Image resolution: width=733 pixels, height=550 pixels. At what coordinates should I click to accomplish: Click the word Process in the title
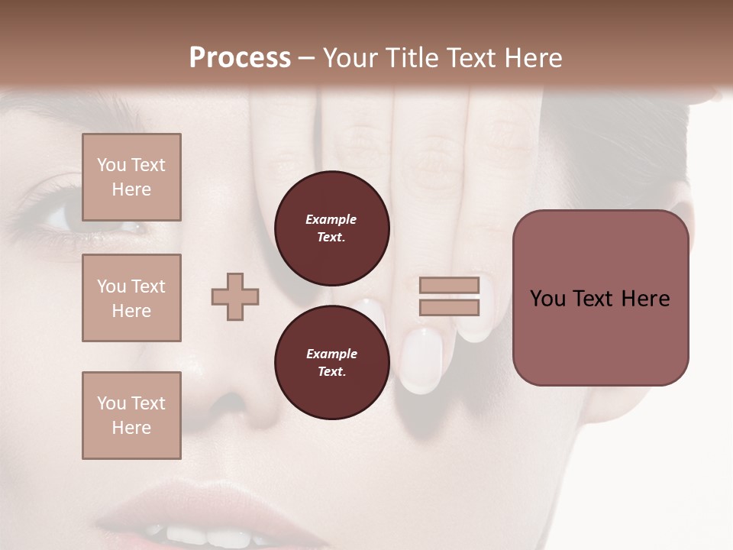[x=240, y=58]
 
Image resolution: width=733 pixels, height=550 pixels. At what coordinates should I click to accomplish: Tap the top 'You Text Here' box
[x=131, y=177]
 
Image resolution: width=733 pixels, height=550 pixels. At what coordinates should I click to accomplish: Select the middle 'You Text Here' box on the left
[x=131, y=298]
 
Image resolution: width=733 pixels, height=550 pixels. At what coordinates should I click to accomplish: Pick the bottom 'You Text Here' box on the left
[x=131, y=416]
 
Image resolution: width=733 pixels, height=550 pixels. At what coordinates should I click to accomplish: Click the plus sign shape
[x=235, y=296]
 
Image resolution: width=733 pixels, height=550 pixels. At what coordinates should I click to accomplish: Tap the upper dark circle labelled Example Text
[x=331, y=228]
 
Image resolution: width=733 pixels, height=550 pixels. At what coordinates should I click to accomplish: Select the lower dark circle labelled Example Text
[x=331, y=363]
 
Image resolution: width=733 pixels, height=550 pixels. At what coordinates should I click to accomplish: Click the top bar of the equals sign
[x=449, y=286]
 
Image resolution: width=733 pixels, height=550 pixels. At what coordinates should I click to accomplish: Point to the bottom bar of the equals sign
[x=449, y=308]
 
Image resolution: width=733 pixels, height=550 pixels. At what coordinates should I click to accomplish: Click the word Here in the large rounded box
[x=645, y=299]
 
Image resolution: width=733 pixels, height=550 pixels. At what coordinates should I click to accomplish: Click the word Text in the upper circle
[x=331, y=237]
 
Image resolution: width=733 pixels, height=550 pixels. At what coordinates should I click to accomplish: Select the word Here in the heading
[x=534, y=58]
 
